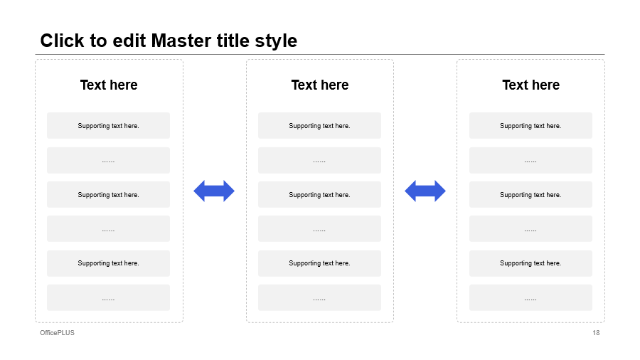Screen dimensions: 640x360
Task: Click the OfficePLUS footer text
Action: (x=57, y=333)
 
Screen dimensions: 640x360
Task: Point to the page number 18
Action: (x=596, y=333)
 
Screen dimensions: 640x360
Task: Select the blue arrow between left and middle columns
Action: (x=214, y=191)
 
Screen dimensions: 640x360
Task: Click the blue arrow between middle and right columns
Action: (x=425, y=191)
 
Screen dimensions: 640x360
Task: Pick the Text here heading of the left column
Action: (x=109, y=85)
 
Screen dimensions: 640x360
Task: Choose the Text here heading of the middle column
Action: (x=319, y=85)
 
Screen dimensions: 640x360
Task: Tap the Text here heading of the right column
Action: (x=530, y=85)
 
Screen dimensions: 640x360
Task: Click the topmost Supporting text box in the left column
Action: (x=108, y=126)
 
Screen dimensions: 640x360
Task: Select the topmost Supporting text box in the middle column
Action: (x=319, y=126)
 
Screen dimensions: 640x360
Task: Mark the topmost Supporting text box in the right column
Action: (x=530, y=126)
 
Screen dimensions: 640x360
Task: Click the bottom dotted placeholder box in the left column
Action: (x=108, y=297)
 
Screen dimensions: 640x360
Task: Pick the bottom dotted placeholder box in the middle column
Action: (x=319, y=297)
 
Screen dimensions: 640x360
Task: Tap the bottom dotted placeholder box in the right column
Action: (x=530, y=297)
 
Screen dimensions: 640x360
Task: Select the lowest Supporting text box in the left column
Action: (x=108, y=263)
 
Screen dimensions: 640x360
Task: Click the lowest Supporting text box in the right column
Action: (x=530, y=263)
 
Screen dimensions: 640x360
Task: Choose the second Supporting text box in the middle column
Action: (x=319, y=195)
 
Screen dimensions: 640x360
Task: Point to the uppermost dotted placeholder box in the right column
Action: (x=530, y=160)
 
